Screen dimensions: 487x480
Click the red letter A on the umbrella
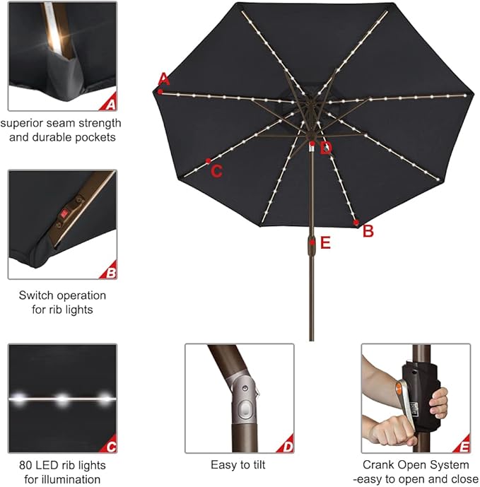(x=164, y=78)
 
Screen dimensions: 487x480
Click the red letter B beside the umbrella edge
(x=368, y=231)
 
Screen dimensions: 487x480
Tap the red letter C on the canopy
(x=217, y=170)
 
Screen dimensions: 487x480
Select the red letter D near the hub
(x=325, y=148)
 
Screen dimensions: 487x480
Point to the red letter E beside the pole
(x=325, y=243)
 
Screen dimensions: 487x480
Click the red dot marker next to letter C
(x=208, y=161)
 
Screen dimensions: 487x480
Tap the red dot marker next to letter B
(x=356, y=222)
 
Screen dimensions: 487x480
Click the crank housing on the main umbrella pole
(x=312, y=243)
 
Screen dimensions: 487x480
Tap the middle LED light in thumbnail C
(x=62, y=399)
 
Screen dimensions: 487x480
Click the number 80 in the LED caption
(x=26, y=465)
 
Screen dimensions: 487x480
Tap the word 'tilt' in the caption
(x=259, y=465)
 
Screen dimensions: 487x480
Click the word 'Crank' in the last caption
(x=378, y=465)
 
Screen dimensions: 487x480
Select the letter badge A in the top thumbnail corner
(x=109, y=104)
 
